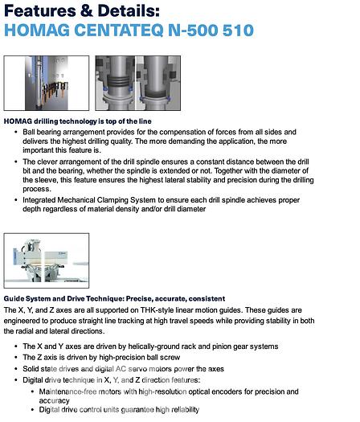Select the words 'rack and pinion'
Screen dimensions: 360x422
[202, 346]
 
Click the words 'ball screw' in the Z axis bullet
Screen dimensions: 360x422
[190, 357]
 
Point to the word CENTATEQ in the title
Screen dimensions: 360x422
[121, 31]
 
